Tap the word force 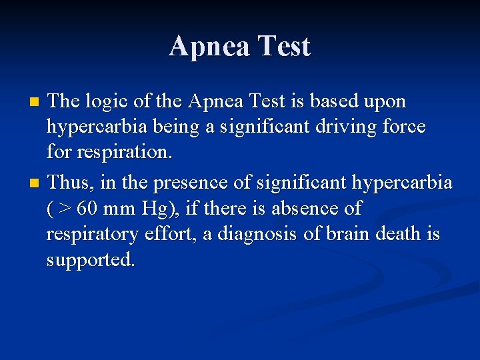click(403, 128)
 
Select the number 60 click(87, 209)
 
